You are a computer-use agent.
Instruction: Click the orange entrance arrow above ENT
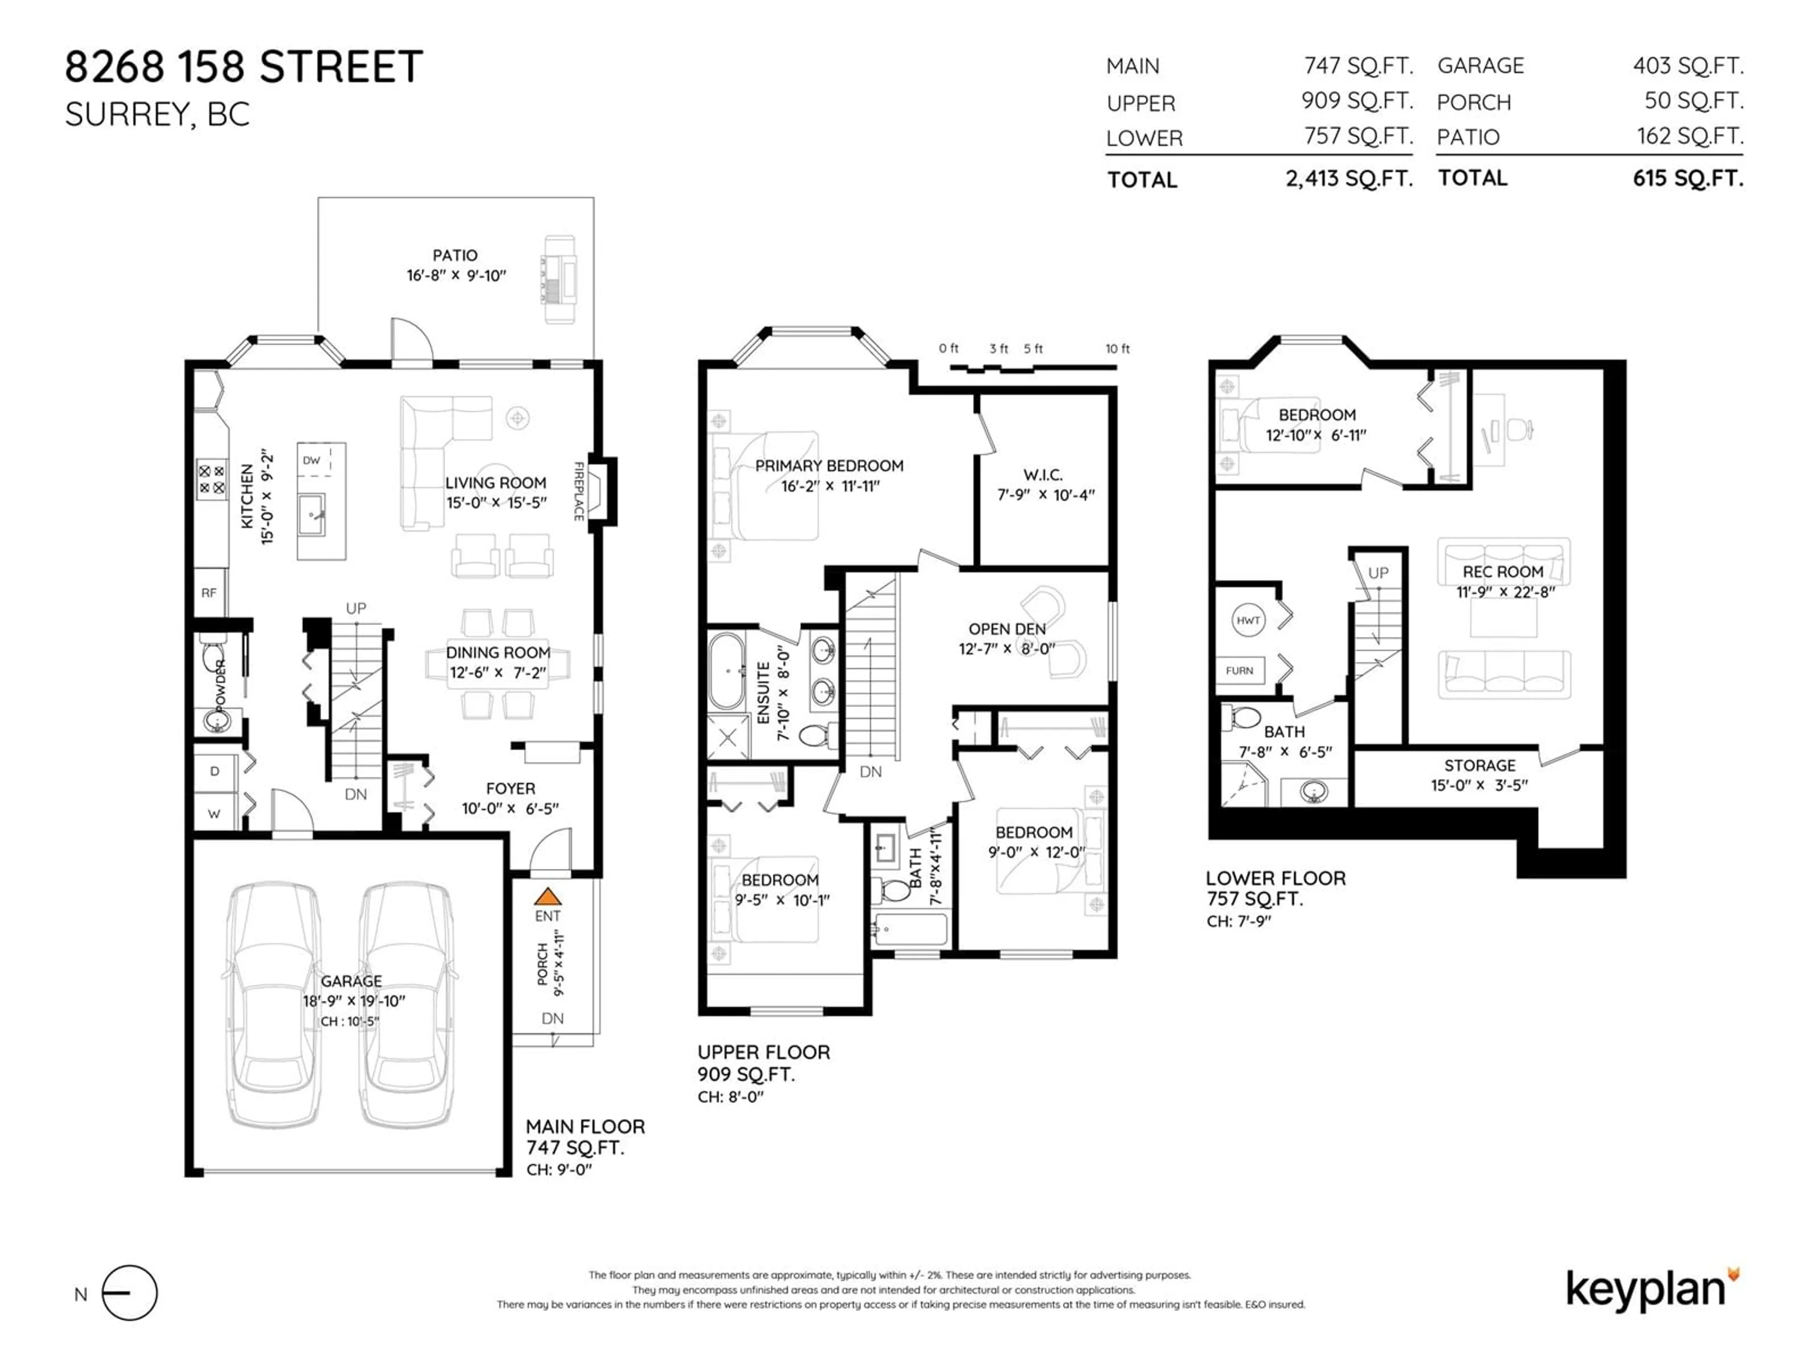point(548,896)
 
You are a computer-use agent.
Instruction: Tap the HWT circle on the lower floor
point(1248,620)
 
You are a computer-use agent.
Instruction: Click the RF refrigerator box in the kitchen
point(210,592)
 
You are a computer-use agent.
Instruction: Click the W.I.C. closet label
point(1043,475)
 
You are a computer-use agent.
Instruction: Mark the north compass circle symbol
point(129,1292)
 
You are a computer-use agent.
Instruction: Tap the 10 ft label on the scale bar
point(1117,349)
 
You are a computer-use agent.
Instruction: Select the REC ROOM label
point(1503,572)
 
